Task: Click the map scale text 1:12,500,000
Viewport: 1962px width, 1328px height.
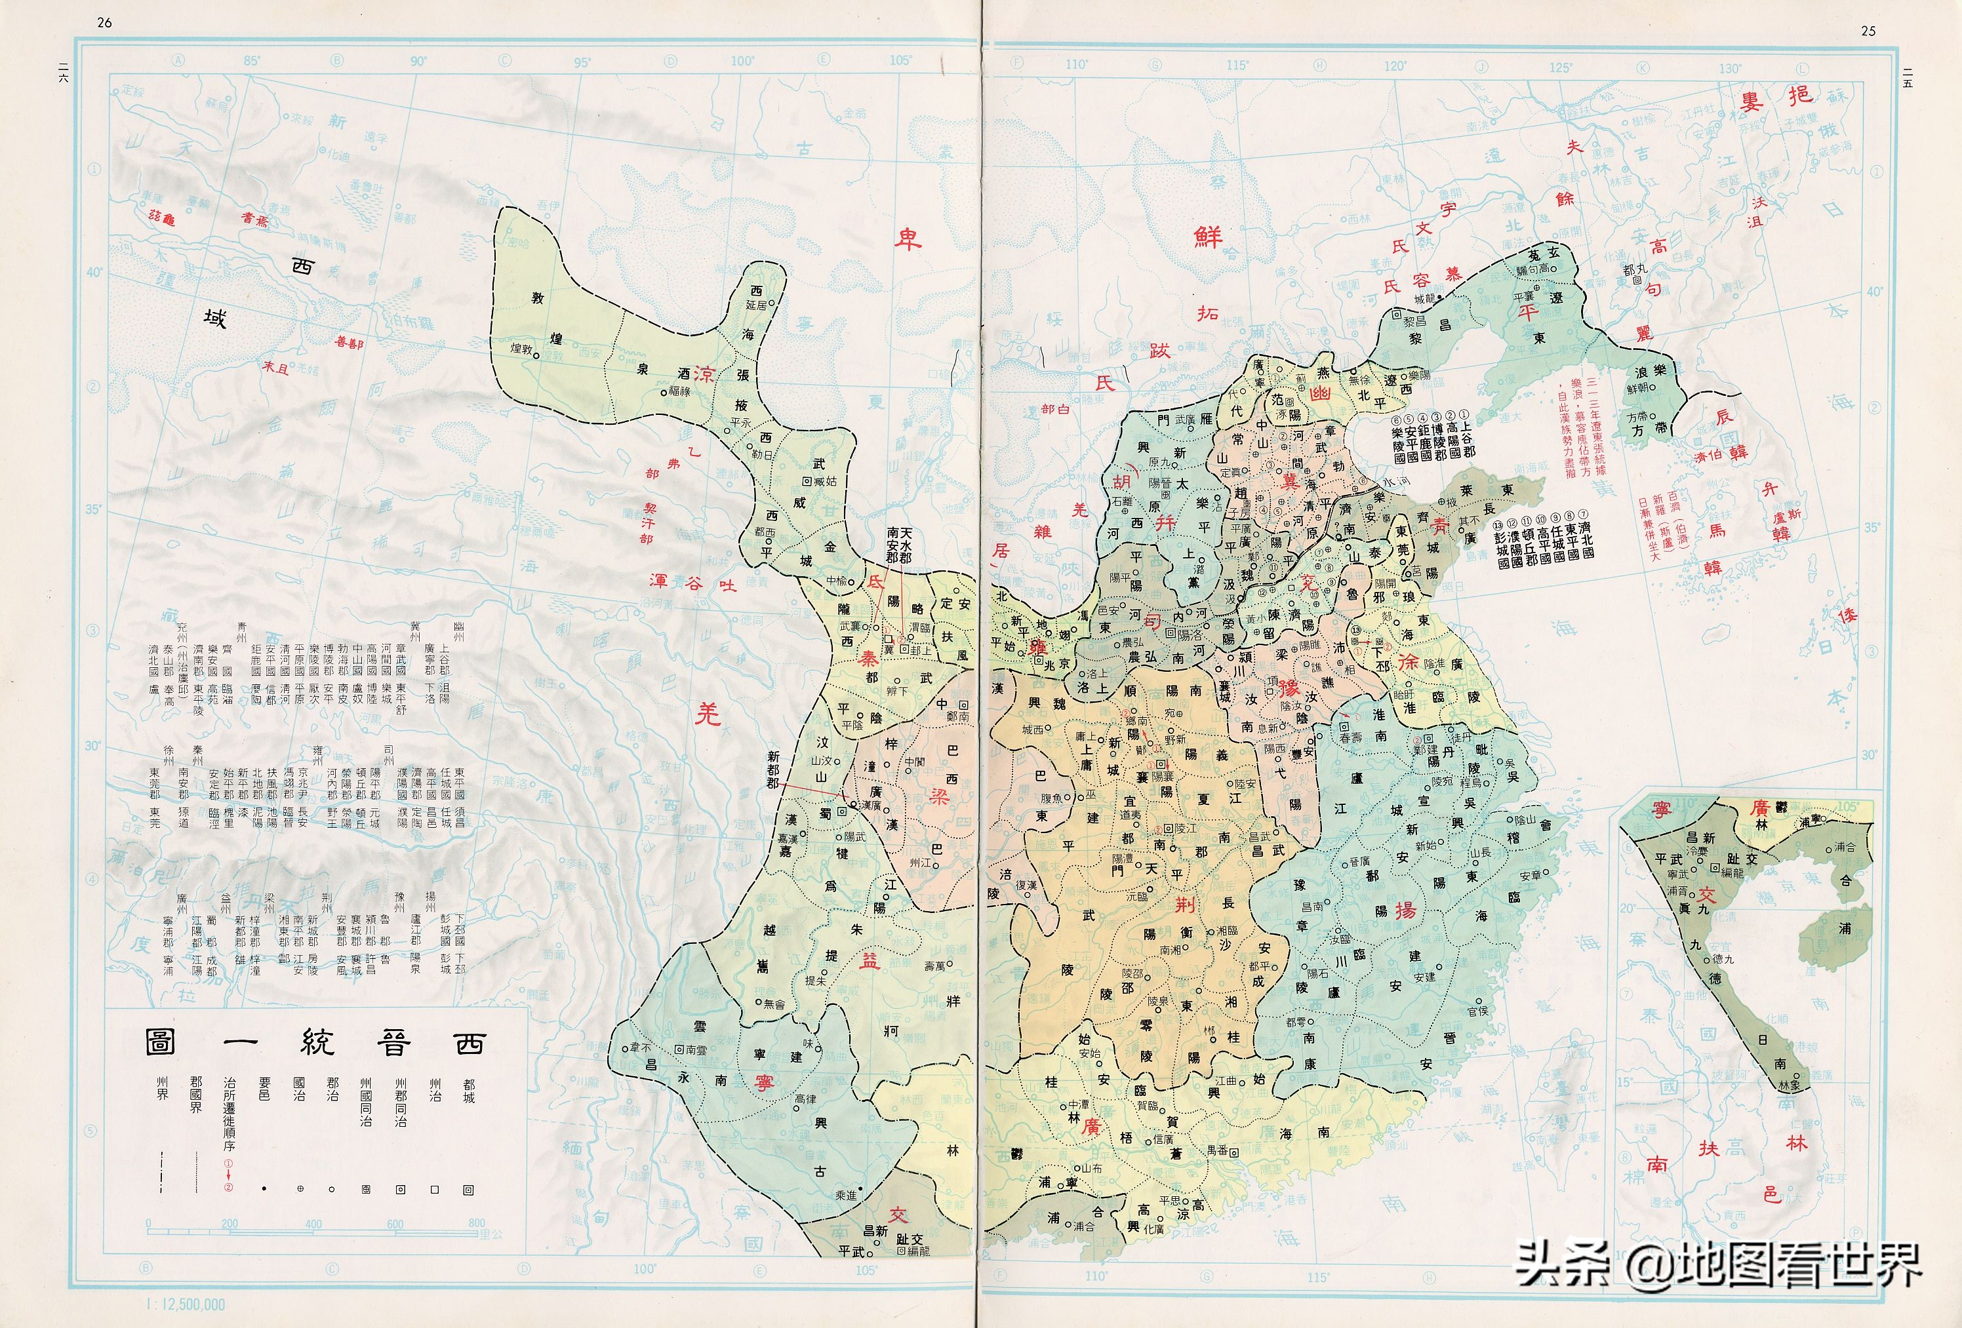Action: click(x=186, y=1304)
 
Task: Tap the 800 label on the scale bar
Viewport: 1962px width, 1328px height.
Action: click(x=476, y=1223)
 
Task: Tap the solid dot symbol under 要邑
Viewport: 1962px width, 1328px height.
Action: click(x=264, y=1190)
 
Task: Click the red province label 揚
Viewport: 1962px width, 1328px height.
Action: click(x=1405, y=910)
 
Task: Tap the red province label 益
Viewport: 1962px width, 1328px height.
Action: click(x=870, y=960)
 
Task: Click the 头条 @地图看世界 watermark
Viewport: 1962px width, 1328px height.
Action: click(x=1718, y=1266)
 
